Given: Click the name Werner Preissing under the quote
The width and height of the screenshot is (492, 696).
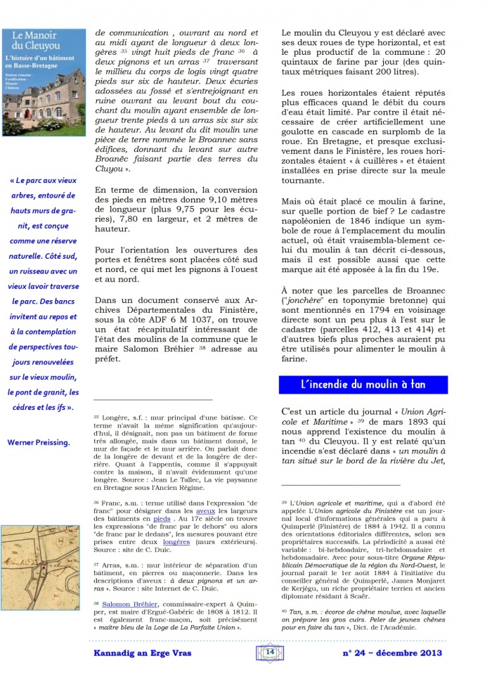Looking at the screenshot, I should [39, 442].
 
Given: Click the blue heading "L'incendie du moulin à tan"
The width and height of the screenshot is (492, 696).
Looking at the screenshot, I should [363, 385].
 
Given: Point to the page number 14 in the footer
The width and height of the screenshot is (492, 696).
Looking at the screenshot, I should [269, 652].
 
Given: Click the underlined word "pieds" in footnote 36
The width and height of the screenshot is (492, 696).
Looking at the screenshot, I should [162, 517].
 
